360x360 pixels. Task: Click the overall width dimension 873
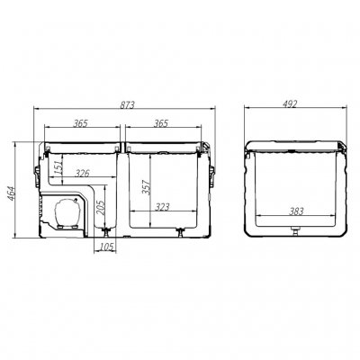[x=127, y=106]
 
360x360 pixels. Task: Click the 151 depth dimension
[x=58, y=166]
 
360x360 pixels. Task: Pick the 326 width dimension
[x=82, y=173]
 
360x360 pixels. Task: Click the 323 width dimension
[x=163, y=208]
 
